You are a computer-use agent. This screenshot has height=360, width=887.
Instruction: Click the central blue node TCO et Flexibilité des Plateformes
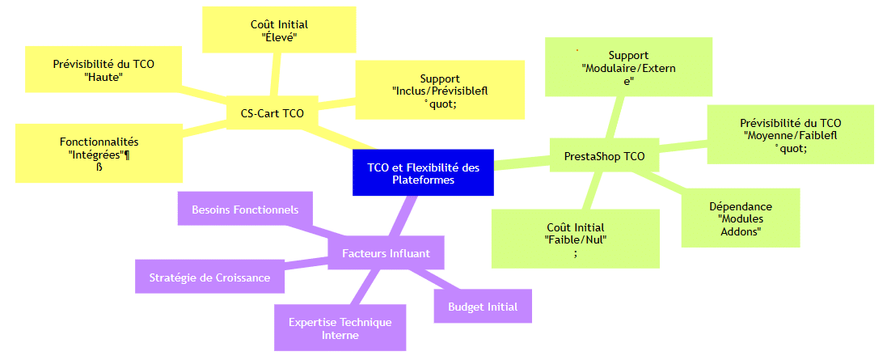423,172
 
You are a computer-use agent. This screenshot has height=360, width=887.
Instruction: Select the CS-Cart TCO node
272,113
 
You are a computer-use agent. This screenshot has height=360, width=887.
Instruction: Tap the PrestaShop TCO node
604,155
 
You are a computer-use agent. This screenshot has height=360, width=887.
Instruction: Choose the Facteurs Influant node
386,253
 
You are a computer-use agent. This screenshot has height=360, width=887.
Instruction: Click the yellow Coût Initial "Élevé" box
279,31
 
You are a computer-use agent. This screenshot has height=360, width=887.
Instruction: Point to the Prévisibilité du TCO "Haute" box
103,69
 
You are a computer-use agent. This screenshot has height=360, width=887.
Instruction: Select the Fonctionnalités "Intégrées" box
99,153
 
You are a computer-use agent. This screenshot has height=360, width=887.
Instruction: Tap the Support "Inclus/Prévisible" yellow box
440,91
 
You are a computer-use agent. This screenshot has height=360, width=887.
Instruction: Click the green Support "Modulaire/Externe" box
628,67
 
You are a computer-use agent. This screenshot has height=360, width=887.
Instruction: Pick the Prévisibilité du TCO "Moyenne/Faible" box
791,134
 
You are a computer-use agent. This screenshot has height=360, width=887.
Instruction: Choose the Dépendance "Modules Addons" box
740,218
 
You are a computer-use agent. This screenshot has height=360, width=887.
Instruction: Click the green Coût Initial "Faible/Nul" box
575,239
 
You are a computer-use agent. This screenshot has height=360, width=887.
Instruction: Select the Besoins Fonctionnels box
245,210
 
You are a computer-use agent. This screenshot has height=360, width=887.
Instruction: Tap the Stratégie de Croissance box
209,277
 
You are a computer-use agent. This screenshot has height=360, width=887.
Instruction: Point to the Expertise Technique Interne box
340,328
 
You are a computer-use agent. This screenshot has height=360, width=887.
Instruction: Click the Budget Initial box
483,307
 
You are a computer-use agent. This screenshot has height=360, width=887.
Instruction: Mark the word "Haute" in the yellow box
103,77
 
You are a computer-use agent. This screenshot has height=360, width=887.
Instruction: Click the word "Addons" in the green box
740,231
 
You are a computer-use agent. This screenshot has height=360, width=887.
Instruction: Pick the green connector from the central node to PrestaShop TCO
522,163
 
